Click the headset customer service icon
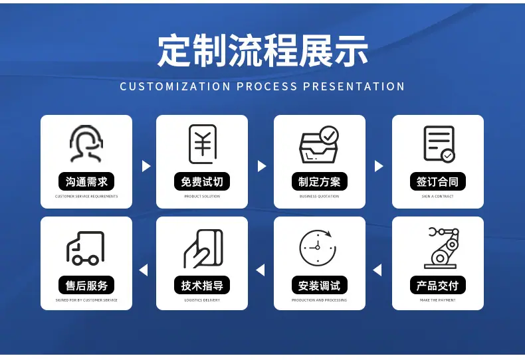click(86, 144)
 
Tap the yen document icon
click(203, 144)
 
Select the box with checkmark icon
click(319, 145)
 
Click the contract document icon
click(439, 144)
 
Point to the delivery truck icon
click(85, 248)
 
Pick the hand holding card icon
click(203, 248)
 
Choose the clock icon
click(318, 248)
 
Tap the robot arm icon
click(442, 248)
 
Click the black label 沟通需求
click(86, 182)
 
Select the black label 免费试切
click(202, 182)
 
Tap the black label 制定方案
click(320, 182)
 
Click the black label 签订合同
click(438, 182)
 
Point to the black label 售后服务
click(86, 286)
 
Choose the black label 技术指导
click(202, 286)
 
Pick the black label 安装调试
click(320, 286)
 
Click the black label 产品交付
click(438, 286)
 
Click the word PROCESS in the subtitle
click(267, 86)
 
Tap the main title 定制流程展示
click(263, 51)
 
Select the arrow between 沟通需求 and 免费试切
click(146, 166)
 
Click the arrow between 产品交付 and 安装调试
click(377, 270)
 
